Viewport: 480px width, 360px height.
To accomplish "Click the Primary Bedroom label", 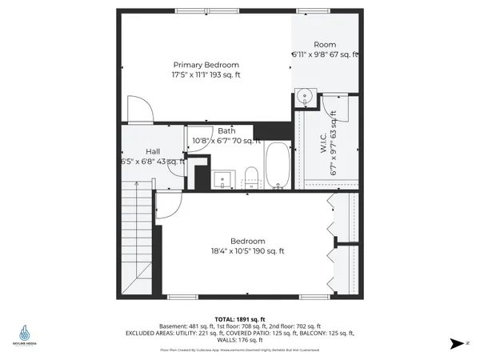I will click(x=206, y=65).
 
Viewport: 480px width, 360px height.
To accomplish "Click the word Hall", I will click(x=154, y=151).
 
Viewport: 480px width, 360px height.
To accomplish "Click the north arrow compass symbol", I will click(x=456, y=343).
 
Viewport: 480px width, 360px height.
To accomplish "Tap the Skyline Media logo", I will click(x=26, y=335).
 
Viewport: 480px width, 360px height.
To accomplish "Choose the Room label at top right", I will click(x=325, y=45).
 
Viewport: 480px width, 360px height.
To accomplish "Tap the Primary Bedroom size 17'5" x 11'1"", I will click(x=206, y=74).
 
